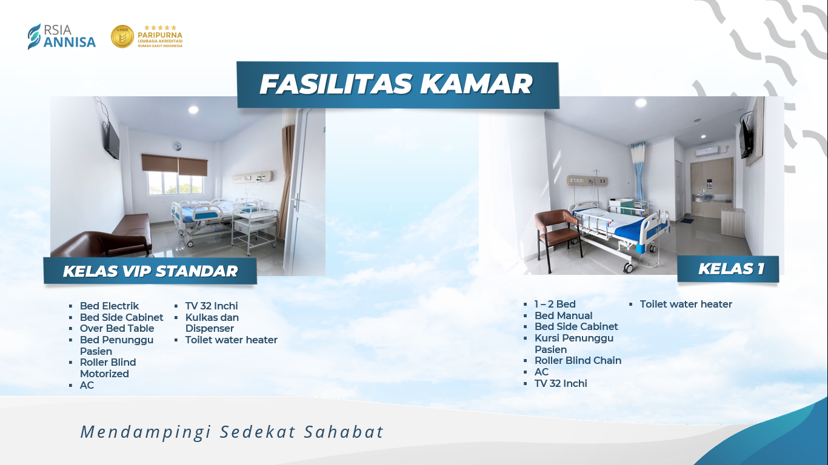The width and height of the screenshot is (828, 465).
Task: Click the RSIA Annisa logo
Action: tap(62, 36)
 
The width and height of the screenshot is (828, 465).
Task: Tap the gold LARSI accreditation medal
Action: tap(122, 36)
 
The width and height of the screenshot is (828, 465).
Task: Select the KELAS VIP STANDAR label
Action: tap(150, 271)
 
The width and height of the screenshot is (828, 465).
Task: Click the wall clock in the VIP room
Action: tap(177, 147)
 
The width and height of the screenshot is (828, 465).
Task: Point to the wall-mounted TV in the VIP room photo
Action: tap(112, 140)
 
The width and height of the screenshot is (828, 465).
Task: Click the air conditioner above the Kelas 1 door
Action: tap(707, 151)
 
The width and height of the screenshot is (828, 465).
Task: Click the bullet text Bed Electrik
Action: tap(109, 306)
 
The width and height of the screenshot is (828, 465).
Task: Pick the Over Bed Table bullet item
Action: tap(117, 328)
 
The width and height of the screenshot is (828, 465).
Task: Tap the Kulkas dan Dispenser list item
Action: tap(212, 323)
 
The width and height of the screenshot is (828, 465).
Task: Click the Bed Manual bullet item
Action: tap(563, 315)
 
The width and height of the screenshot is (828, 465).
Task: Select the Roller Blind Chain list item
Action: tap(578, 360)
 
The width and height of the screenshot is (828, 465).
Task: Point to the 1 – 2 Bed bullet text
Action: tap(555, 304)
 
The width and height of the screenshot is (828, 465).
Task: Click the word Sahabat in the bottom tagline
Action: tap(344, 432)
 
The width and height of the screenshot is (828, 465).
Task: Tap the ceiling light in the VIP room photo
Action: tap(193, 110)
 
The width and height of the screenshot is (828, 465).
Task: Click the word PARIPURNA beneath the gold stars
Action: tap(159, 35)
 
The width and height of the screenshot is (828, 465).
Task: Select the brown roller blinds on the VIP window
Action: tap(175, 164)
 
